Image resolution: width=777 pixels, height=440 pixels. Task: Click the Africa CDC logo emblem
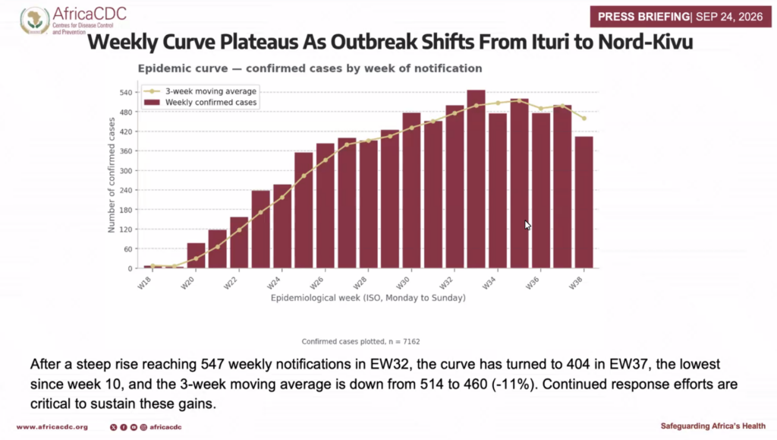[x=34, y=21]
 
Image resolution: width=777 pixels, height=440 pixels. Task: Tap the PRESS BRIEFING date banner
[x=681, y=17]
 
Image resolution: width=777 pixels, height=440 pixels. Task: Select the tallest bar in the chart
[x=477, y=179]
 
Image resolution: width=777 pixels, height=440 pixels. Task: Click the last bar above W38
[x=584, y=202]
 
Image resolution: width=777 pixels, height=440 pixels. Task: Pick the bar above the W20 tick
[x=197, y=255]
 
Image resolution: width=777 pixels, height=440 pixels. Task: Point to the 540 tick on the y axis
[x=127, y=93]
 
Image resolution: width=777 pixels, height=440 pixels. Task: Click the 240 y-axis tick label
[x=127, y=191]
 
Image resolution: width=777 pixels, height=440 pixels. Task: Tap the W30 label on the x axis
[x=403, y=283]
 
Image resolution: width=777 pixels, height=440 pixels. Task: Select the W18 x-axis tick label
[x=144, y=283]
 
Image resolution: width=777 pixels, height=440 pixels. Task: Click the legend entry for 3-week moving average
[x=200, y=91]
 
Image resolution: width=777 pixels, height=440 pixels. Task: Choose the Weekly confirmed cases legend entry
[x=200, y=103]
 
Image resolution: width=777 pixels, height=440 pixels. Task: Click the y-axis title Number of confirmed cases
[x=112, y=175]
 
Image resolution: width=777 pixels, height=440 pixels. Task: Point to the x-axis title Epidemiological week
[x=368, y=298]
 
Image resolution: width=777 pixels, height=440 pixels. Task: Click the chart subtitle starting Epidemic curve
[x=310, y=68]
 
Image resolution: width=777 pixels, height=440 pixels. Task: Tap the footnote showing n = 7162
[x=360, y=342]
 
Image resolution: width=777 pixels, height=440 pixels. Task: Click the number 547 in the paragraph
[x=212, y=365]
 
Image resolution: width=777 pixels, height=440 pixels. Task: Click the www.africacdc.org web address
[x=52, y=427]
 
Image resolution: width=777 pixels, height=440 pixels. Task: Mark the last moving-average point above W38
[x=584, y=119]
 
